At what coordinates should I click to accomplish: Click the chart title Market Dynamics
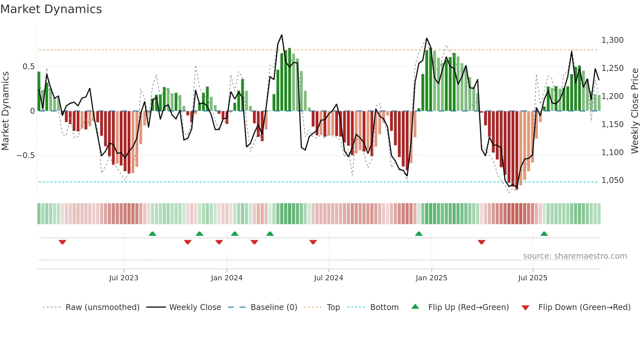pyautogui.click(x=51, y=9)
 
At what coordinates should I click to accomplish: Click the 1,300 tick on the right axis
pyautogui.click(x=612, y=40)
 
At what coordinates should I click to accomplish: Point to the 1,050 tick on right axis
pyautogui.click(x=612, y=180)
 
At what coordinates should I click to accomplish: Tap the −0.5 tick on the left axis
pyautogui.click(x=26, y=155)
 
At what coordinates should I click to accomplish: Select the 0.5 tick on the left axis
pyautogui.click(x=28, y=67)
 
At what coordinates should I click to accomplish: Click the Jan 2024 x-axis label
pyautogui.click(x=227, y=278)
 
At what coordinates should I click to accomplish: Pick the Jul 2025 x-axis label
pyautogui.click(x=533, y=278)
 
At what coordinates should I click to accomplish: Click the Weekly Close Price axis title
pyautogui.click(x=634, y=111)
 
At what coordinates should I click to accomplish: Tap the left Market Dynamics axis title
pyautogui.click(x=5, y=111)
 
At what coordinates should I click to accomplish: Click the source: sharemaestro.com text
pyautogui.click(x=575, y=256)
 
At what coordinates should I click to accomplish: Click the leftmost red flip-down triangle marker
pyautogui.click(x=62, y=242)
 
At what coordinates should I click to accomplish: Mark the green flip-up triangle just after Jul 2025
pyautogui.click(x=544, y=234)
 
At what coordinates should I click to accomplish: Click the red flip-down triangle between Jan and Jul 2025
pyautogui.click(x=481, y=242)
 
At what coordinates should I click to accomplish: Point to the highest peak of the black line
pyautogui.click(x=281, y=35)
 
